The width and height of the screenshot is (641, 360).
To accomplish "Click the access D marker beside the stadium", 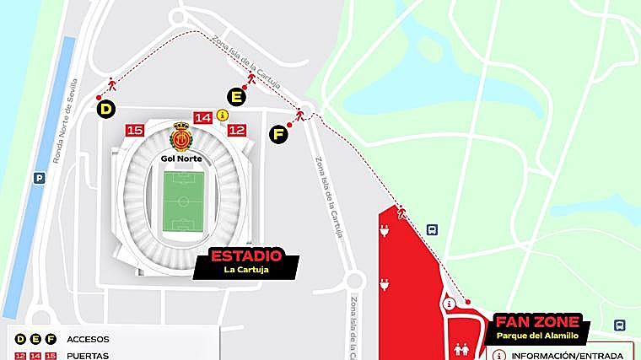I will (106, 109).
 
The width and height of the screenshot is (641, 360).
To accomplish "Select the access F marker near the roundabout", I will (278, 133).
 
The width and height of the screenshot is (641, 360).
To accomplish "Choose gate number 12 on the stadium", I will (237, 130).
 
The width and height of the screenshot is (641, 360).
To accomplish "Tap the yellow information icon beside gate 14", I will (223, 116).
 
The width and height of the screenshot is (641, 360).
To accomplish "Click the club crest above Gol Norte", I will (181, 136).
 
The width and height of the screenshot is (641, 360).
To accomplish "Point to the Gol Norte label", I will (181, 157).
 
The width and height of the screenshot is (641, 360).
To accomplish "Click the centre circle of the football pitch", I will (181, 201).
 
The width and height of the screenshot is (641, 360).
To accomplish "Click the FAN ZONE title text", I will (537, 322).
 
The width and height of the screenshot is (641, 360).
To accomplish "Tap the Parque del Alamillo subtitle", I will (537, 336).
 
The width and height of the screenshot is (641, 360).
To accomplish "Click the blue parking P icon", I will (39, 178).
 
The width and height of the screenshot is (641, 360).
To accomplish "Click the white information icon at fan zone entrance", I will (450, 304).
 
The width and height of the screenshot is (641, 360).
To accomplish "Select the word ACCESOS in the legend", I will (87, 339).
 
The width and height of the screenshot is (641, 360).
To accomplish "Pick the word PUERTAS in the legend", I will (87, 356).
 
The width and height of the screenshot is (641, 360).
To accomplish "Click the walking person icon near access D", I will (111, 84).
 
